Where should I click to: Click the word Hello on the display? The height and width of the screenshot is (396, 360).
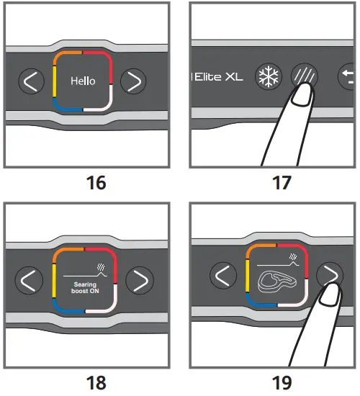tap(83, 81)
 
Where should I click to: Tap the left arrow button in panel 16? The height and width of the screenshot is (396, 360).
tap(29, 82)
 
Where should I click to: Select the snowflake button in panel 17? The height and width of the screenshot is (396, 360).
tap(269, 76)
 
